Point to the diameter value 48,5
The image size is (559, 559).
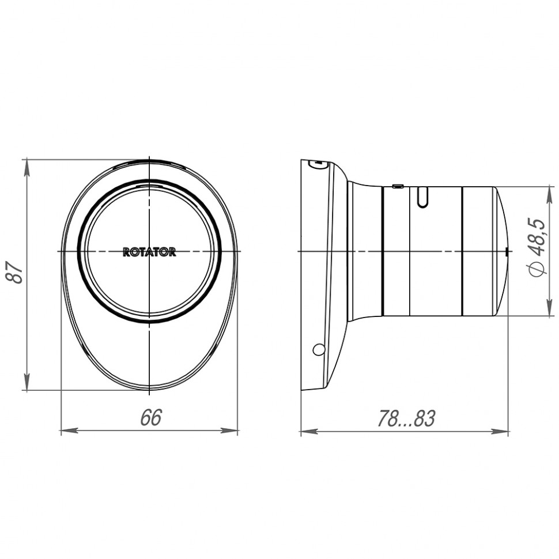tap(536, 237)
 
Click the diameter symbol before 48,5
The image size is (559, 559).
tap(536, 269)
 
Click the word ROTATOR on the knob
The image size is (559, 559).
tap(149, 252)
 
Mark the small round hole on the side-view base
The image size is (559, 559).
tap(318, 349)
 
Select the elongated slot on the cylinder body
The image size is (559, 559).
tap(422, 197)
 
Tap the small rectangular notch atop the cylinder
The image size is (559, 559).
tap(397, 186)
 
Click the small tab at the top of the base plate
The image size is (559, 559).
tap(317, 164)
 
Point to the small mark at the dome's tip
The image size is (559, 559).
tap(506, 252)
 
